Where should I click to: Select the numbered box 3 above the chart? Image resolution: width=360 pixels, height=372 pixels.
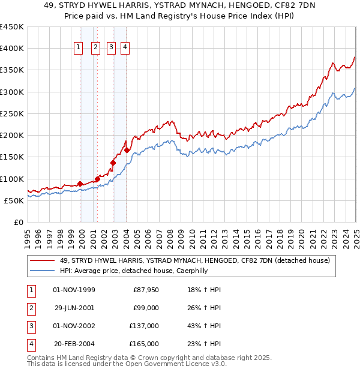click(112, 49)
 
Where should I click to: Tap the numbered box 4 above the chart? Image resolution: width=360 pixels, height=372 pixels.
click(125, 49)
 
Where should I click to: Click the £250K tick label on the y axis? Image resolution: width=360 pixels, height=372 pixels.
click(12, 113)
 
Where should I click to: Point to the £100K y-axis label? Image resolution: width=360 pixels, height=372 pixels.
click(12, 179)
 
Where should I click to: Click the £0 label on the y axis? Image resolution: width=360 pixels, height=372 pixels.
click(18, 222)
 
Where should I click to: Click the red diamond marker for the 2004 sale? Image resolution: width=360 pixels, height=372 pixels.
click(127, 150)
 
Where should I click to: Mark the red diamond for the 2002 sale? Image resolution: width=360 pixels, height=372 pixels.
click(113, 162)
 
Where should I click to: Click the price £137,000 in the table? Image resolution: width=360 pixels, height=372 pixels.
click(145, 326)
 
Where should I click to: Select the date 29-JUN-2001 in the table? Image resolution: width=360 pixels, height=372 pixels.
click(74, 308)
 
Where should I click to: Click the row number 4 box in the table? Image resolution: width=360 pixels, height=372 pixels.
click(30, 344)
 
